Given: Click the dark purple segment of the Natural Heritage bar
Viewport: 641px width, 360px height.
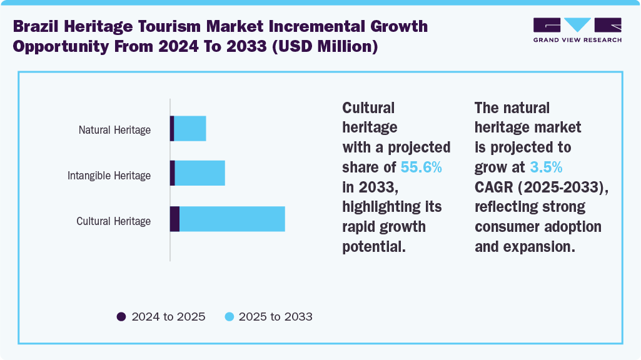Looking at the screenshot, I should tap(172, 128).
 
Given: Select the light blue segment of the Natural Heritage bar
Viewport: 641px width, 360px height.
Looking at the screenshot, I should tap(190, 128).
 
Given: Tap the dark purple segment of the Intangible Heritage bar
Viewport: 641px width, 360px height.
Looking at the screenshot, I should tap(173, 173).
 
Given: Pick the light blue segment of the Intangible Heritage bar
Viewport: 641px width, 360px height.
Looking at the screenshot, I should tap(199, 173).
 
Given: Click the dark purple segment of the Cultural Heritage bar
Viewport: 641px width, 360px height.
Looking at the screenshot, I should tap(174, 219).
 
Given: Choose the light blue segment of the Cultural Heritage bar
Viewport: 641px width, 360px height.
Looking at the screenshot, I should tap(232, 219).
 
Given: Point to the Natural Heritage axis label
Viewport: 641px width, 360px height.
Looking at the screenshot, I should tap(114, 130).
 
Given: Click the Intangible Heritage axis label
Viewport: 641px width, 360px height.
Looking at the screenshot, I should tap(109, 176).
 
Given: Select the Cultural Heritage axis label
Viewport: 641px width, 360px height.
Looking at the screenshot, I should tap(113, 221).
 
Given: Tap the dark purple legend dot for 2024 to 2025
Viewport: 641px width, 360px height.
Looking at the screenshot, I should tap(121, 316).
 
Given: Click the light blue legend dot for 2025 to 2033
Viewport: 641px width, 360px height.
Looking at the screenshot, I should tap(229, 316).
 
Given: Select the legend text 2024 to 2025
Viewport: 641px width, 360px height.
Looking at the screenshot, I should tap(168, 316).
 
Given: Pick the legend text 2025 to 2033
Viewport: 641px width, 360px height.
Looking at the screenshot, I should tap(275, 316).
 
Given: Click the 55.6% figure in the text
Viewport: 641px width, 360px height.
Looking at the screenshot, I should tap(421, 167).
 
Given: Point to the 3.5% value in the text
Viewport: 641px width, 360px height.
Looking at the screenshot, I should tap(546, 167).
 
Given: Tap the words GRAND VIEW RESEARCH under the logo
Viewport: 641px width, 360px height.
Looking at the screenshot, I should tap(577, 40).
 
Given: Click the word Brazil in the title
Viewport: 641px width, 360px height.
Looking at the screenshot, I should tap(38, 27).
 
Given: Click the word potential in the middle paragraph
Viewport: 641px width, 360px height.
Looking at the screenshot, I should tap(374, 246).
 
